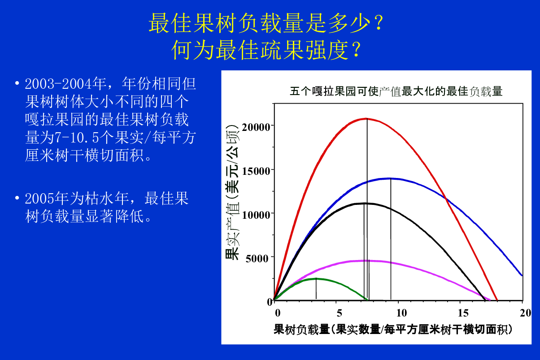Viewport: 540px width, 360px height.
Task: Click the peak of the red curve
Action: coord(366,118)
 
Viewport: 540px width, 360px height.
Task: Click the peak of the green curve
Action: coord(316,278)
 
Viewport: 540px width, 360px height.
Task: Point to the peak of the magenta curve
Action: coord(368,261)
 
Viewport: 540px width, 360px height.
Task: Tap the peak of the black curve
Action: coord(365,204)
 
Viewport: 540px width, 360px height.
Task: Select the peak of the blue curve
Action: coord(391,178)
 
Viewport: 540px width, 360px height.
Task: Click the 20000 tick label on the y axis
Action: coord(256,127)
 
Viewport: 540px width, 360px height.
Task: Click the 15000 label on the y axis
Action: coord(256,171)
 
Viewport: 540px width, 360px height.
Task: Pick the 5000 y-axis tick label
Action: coord(257,259)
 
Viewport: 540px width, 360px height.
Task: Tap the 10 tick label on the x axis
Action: coord(401,313)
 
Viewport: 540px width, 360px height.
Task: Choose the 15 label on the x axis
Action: coord(463,313)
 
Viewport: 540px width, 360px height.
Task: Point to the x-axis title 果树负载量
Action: coord(301,330)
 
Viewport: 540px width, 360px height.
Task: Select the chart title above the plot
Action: coord(396,91)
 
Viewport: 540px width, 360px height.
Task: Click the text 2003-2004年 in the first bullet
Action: coord(65,84)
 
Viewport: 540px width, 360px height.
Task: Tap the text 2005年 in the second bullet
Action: coord(47,198)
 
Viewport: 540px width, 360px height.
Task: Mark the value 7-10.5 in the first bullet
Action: coord(77,138)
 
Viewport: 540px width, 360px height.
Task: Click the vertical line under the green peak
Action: coord(316,289)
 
